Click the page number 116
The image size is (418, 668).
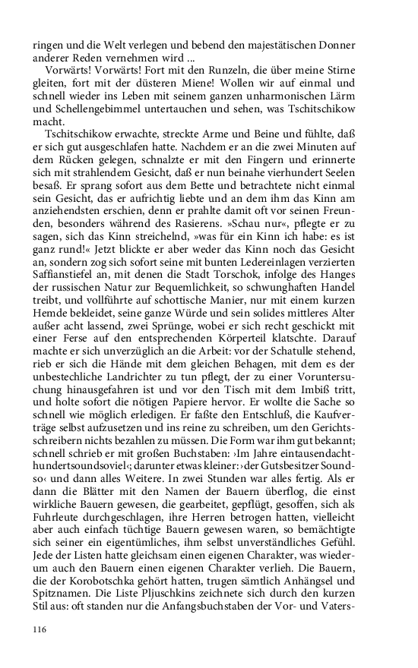tap(40, 629)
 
